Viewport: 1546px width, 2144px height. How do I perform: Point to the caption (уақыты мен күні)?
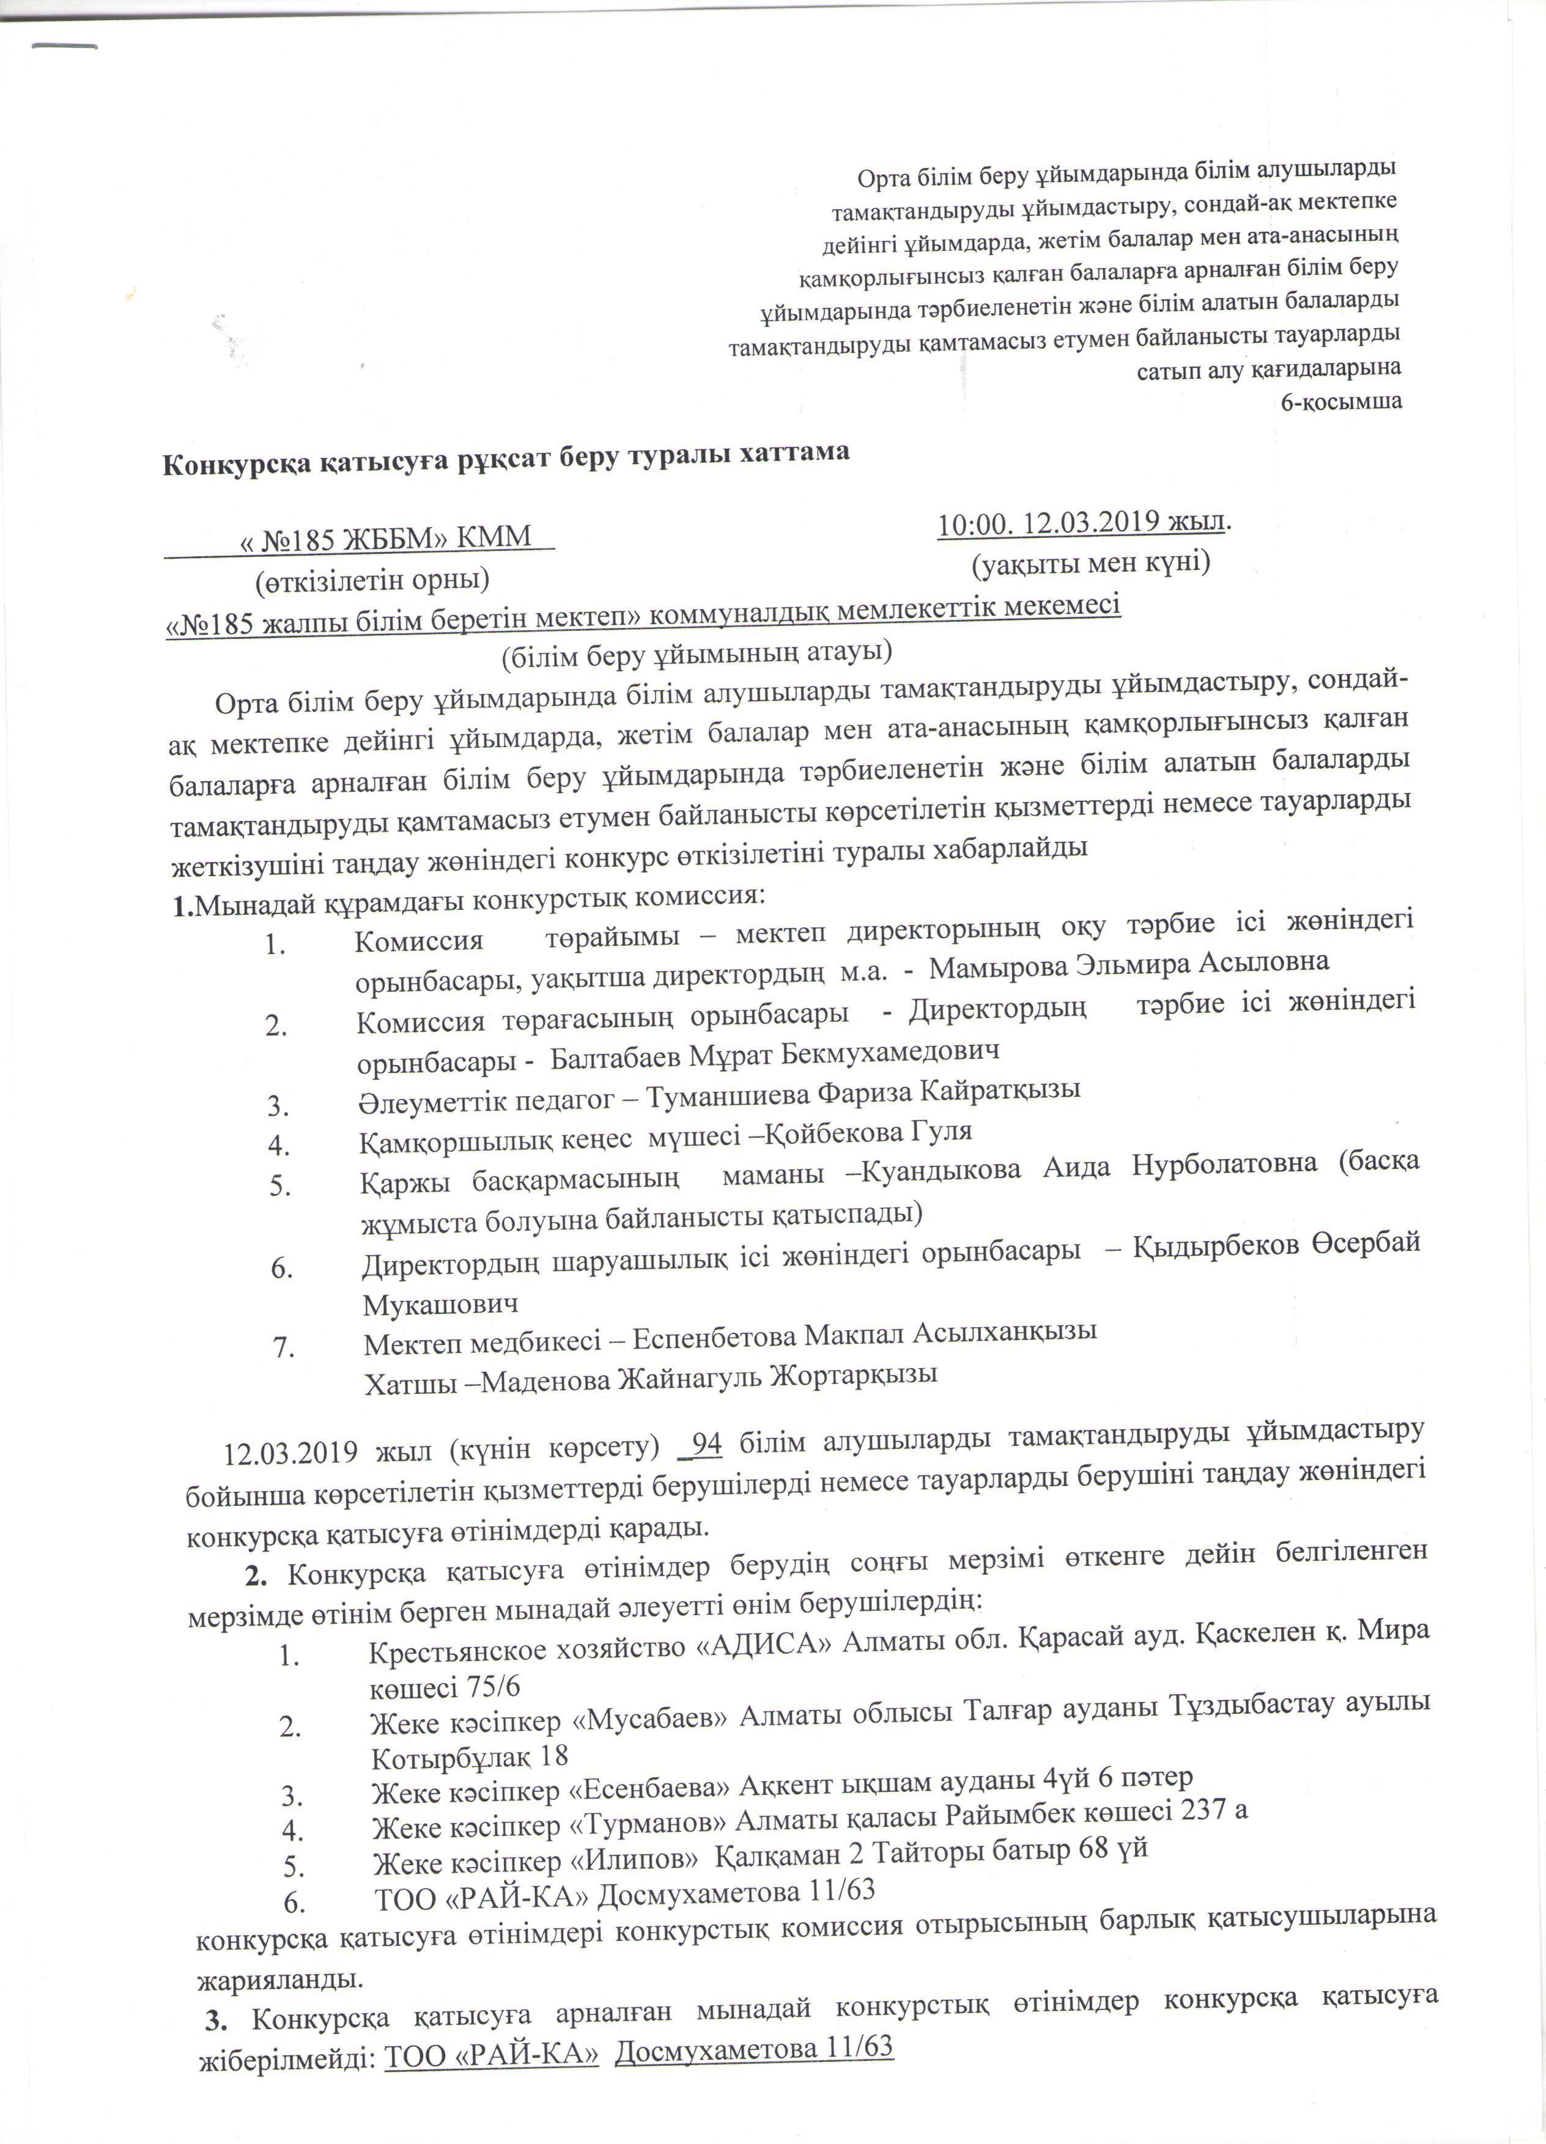pos(1091,564)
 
